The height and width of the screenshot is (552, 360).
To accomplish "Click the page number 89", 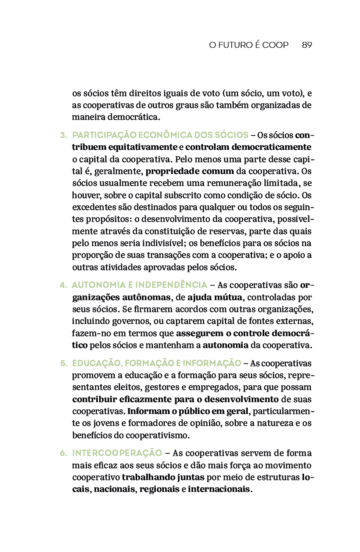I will (307, 45).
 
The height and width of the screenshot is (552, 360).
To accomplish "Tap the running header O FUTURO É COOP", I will (249, 45).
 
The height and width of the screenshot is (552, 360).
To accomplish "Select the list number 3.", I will (64, 135).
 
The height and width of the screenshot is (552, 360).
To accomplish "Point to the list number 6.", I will (64, 453).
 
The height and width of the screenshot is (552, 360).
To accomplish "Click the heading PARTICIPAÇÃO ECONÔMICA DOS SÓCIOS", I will (160, 135).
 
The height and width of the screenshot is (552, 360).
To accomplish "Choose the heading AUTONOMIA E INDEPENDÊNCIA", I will (139, 285).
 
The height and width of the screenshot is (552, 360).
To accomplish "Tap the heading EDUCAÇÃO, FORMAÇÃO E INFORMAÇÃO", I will (157, 363).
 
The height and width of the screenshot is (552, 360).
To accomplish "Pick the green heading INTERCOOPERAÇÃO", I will (117, 453).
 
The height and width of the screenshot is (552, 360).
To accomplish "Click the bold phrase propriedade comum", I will (190, 172).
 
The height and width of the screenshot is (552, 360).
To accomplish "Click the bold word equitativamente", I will (143, 147).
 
